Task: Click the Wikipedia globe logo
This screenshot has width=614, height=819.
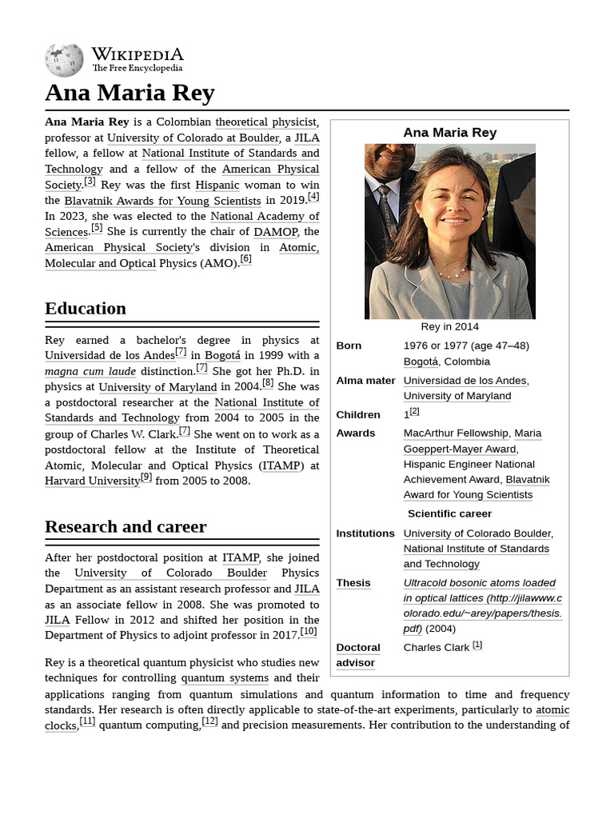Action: pyautogui.click(x=64, y=60)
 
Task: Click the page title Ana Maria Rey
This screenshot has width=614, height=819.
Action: pyautogui.click(x=130, y=93)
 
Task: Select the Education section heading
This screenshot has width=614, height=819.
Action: pyautogui.click(x=86, y=309)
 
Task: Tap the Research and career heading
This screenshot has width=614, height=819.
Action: pyautogui.click(x=126, y=527)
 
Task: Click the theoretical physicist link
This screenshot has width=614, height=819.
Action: pyautogui.click(x=265, y=122)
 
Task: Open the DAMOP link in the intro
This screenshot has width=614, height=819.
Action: pyautogui.click(x=275, y=232)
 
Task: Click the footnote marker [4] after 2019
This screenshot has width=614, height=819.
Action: pyautogui.click(x=313, y=197)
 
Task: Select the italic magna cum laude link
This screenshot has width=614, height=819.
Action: pyautogui.click(x=90, y=372)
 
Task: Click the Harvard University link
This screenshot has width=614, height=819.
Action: pyautogui.click(x=92, y=481)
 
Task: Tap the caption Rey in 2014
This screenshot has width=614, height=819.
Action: pyautogui.click(x=449, y=327)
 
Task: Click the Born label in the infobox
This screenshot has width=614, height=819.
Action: pyautogui.click(x=349, y=346)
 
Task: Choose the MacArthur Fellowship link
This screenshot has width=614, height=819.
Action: pyautogui.click(x=455, y=433)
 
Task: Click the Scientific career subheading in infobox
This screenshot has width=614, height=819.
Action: pyautogui.click(x=449, y=514)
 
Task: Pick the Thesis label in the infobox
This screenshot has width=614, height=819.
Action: pyautogui.click(x=353, y=584)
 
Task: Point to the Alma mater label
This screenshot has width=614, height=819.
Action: pyautogui.click(x=365, y=381)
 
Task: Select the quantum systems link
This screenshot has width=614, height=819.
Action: pyautogui.click(x=225, y=678)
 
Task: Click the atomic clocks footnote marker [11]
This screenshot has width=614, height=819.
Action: pyautogui.click(x=87, y=721)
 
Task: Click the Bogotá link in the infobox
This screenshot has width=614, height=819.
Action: pyautogui.click(x=421, y=362)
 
